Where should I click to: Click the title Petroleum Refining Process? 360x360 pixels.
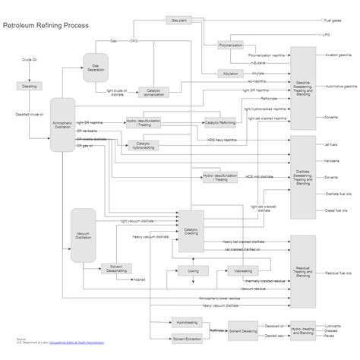tap(46, 26)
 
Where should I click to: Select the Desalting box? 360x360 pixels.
tap(30, 86)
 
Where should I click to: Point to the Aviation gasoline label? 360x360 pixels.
tap(336, 55)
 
